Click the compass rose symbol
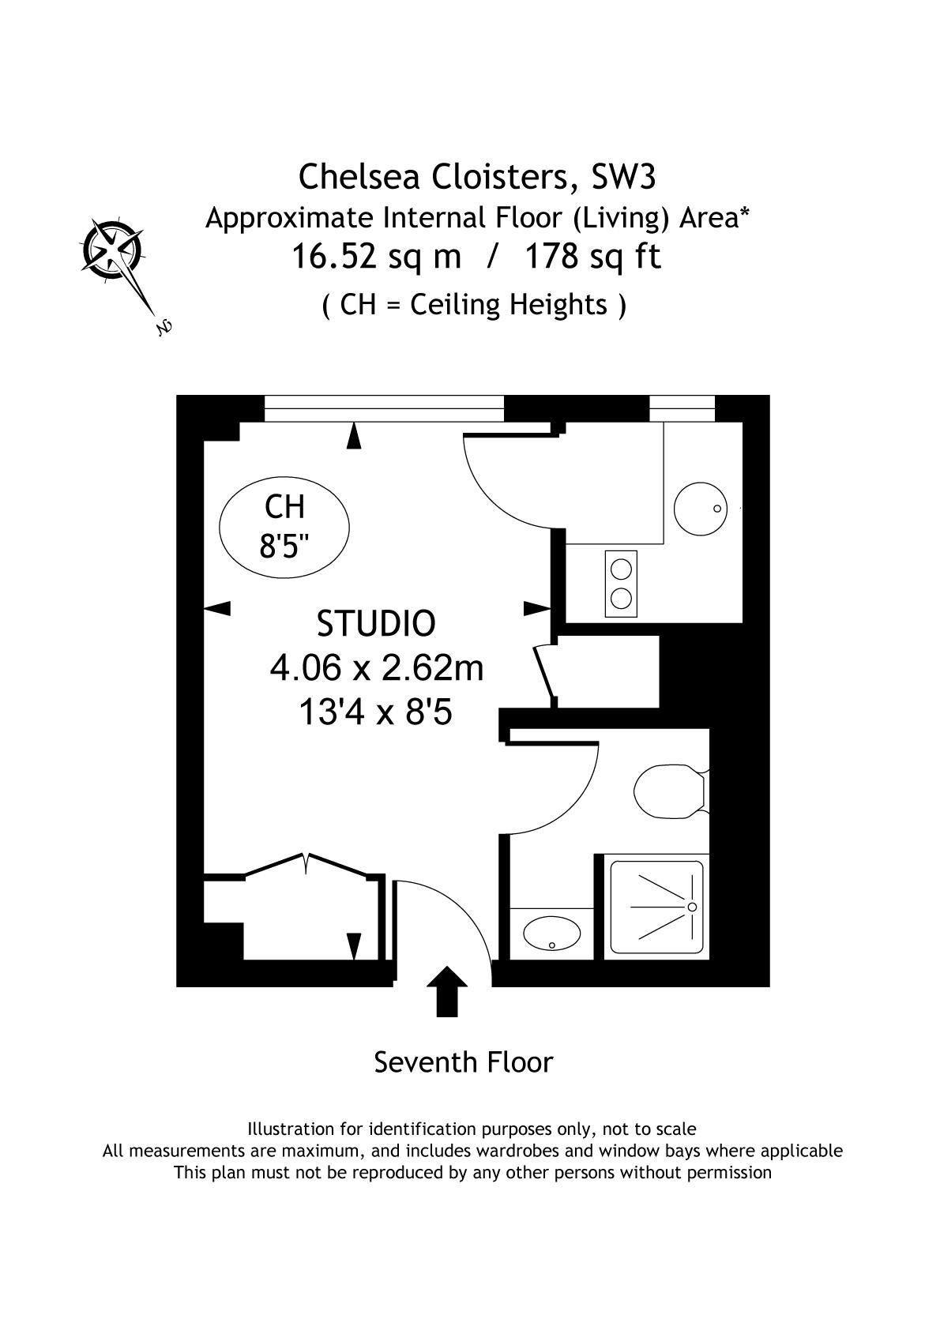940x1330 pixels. (114, 249)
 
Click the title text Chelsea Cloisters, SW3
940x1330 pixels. (477, 177)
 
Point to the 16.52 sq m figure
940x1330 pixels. (376, 257)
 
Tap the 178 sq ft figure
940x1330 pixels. (592, 257)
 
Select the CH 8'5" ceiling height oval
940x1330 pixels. (284, 528)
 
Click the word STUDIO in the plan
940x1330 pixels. (376, 623)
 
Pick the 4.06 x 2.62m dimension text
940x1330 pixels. (377, 668)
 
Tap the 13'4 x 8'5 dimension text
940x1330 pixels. (375, 712)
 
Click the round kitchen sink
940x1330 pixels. (701, 509)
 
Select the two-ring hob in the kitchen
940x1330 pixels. (621, 584)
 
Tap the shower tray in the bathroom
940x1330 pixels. (656, 907)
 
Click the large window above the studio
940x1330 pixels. (384, 408)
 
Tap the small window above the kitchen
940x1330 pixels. (682, 408)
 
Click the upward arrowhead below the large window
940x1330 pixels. (354, 434)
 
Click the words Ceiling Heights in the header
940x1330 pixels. (509, 305)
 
